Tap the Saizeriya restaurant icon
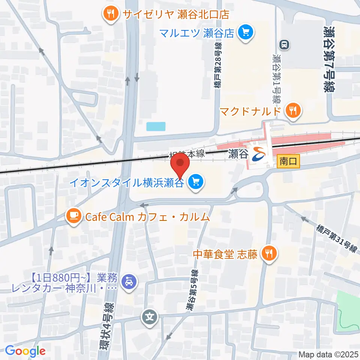click(110, 14)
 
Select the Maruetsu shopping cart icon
click(246, 33)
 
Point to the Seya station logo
click(259, 153)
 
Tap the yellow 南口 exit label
click(288, 162)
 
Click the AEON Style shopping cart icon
click(196, 183)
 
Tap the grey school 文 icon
click(150, 317)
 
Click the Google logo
click(25, 351)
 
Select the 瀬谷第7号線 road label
click(330, 59)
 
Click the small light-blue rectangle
click(156, 126)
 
